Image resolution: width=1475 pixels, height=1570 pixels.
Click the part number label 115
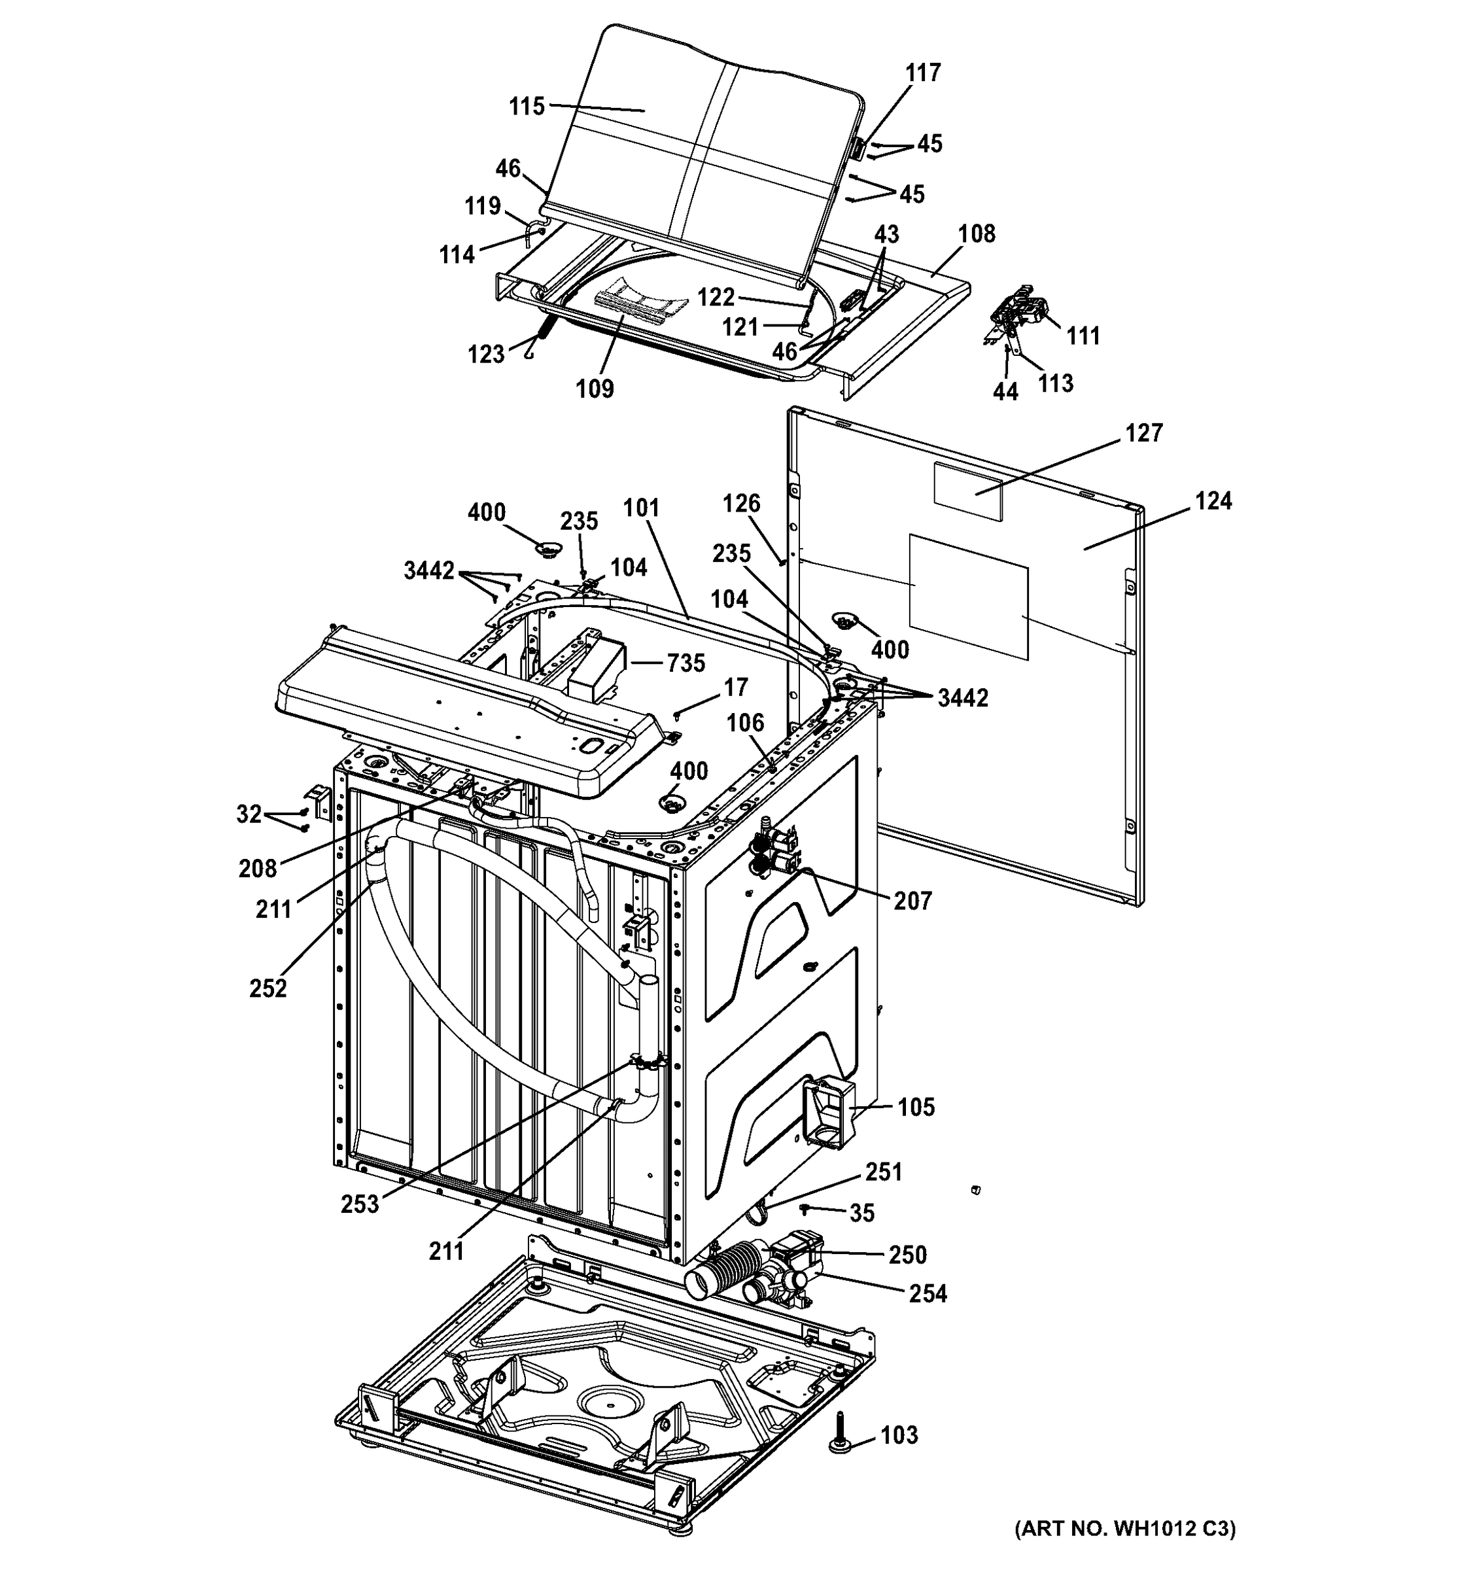point(527,106)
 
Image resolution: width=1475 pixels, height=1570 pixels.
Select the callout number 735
point(685,663)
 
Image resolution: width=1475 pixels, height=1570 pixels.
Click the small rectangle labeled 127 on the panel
point(968,491)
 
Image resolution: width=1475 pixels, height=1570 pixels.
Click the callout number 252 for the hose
point(268,988)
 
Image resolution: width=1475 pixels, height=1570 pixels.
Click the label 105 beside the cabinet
point(916,1108)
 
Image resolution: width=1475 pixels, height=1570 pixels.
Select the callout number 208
point(258,869)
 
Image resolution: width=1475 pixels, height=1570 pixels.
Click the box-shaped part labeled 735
point(596,663)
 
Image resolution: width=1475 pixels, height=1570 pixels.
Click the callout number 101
point(640,508)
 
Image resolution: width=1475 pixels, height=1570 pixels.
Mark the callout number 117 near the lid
point(922,73)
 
